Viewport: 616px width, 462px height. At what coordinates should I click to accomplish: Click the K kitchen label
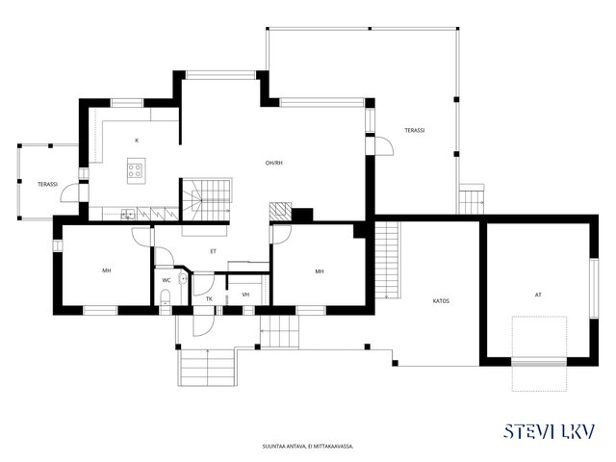(137, 141)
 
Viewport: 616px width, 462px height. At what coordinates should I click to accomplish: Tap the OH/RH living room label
(273, 163)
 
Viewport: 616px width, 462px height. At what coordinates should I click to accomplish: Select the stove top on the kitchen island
(135, 170)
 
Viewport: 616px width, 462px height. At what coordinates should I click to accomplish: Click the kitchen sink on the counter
(128, 214)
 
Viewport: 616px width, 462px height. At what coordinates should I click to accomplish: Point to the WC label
(167, 280)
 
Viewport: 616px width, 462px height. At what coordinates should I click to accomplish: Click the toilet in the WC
(166, 297)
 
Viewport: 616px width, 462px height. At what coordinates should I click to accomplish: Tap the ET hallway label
(213, 251)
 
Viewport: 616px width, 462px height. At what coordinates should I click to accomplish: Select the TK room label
(210, 299)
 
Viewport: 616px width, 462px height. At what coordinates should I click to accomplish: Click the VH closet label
(246, 295)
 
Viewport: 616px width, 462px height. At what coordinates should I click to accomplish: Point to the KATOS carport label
(441, 301)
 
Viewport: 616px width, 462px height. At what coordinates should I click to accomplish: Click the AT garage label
(538, 295)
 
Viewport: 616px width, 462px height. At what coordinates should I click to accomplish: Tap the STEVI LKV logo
(550, 431)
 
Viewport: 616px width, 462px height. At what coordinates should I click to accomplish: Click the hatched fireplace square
(280, 212)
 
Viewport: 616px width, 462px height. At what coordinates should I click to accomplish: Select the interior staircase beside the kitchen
(206, 199)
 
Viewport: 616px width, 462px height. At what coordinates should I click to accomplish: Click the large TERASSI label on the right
(415, 131)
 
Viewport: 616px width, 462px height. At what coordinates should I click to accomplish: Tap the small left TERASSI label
(48, 184)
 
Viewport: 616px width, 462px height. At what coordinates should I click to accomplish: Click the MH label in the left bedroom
(107, 270)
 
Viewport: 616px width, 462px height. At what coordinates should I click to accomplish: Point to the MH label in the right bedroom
(320, 271)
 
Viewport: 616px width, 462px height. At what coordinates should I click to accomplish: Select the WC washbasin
(183, 279)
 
